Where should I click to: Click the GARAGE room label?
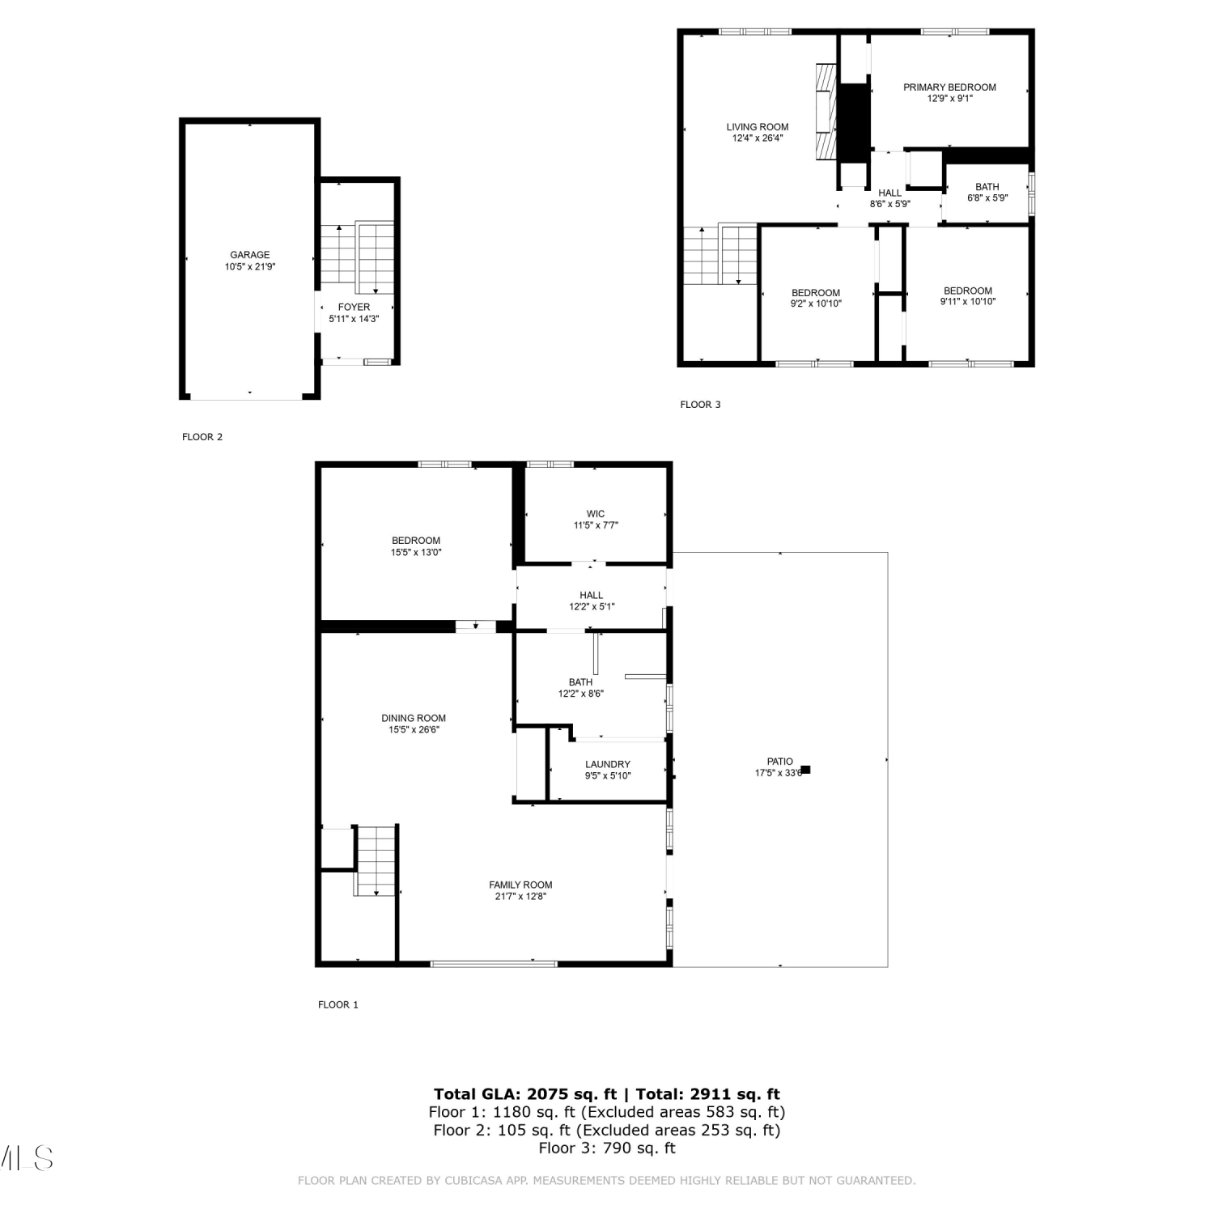click(x=250, y=255)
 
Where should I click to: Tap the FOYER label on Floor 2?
click(x=354, y=308)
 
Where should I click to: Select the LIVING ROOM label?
click(x=758, y=127)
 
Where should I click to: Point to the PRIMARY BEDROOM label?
click(x=950, y=87)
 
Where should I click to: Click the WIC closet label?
click(x=596, y=514)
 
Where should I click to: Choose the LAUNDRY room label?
click(x=608, y=764)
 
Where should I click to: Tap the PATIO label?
click(x=780, y=762)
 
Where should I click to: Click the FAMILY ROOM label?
click(x=520, y=885)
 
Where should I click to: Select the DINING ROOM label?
click(x=414, y=719)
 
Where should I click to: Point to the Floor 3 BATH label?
click(x=987, y=187)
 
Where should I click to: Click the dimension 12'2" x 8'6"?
click(x=581, y=694)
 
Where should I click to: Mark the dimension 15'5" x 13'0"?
click(x=416, y=553)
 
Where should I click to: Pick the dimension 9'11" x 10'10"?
click(x=968, y=302)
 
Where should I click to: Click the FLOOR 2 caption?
click(x=202, y=437)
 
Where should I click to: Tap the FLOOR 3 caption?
click(x=700, y=405)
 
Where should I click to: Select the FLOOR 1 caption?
click(x=338, y=1005)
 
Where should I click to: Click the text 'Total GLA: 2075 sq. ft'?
click(x=525, y=1095)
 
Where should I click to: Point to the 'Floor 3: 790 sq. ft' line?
click(x=607, y=1148)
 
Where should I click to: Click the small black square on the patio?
click(x=805, y=770)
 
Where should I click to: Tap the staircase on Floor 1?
click(x=376, y=861)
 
